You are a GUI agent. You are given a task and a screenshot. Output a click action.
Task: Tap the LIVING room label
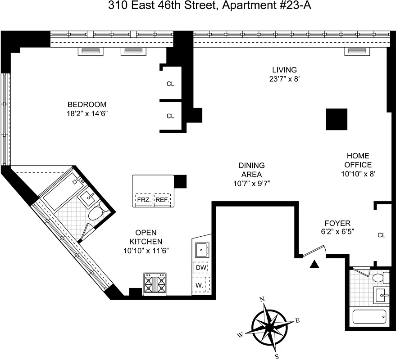(284, 70)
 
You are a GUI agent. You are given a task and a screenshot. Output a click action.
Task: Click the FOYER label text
(337, 223)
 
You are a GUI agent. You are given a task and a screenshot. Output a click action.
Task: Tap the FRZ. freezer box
(143, 199)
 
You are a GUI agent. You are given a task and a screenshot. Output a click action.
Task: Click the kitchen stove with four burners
(155, 284)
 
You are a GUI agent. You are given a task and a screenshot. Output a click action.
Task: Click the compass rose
(269, 325)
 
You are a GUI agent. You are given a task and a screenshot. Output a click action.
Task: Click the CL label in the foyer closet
(382, 235)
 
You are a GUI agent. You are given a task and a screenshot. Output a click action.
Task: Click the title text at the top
(198, 6)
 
